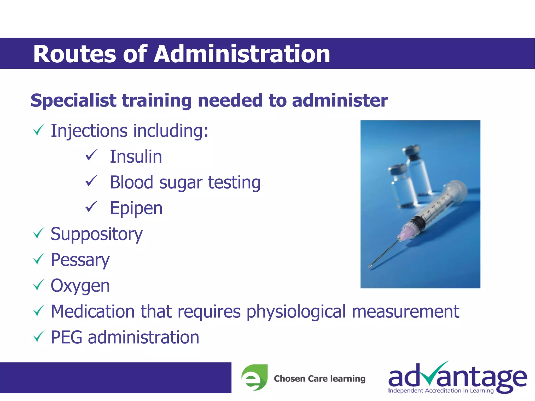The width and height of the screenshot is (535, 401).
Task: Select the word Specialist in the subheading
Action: click(x=73, y=101)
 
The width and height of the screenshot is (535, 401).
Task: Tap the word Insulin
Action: click(x=136, y=157)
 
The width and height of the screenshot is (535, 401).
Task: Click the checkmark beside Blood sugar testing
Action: click(x=91, y=181)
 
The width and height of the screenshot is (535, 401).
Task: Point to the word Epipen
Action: click(x=136, y=208)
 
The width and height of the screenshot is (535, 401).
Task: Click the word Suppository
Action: click(x=96, y=234)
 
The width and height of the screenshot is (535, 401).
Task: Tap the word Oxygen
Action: click(x=80, y=286)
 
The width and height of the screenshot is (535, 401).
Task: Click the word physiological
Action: click(x=296, y=311)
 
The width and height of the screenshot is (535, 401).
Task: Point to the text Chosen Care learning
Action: click(x=319, y=379)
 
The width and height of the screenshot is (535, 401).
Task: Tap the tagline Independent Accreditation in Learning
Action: click(x=441, y=391)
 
